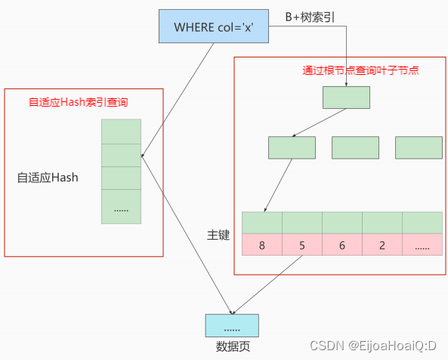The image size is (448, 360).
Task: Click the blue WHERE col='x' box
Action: pos(214,26)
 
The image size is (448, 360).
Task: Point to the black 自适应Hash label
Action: pos(48,178)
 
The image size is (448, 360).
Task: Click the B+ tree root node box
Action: pos(346,98)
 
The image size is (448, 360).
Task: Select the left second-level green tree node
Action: pos(292,147)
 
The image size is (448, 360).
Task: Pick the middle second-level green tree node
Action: pos(355,147)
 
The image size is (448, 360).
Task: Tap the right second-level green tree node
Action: pos(419,147)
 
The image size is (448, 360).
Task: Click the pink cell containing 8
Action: pos(261,245)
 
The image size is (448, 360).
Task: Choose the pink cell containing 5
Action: pos(302,245)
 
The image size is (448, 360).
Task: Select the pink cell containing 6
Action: pos(341,245)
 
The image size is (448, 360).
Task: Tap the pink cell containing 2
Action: pos(382,245)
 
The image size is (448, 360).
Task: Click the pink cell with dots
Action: pos(422,245)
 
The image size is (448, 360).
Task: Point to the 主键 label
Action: pos(218,234)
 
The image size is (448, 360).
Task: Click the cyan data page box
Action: pos(232,324)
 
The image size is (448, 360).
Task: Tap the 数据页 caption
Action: pos(232,346)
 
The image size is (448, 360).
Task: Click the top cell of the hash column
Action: pos(121,132)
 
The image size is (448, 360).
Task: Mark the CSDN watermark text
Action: pos(382,346)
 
